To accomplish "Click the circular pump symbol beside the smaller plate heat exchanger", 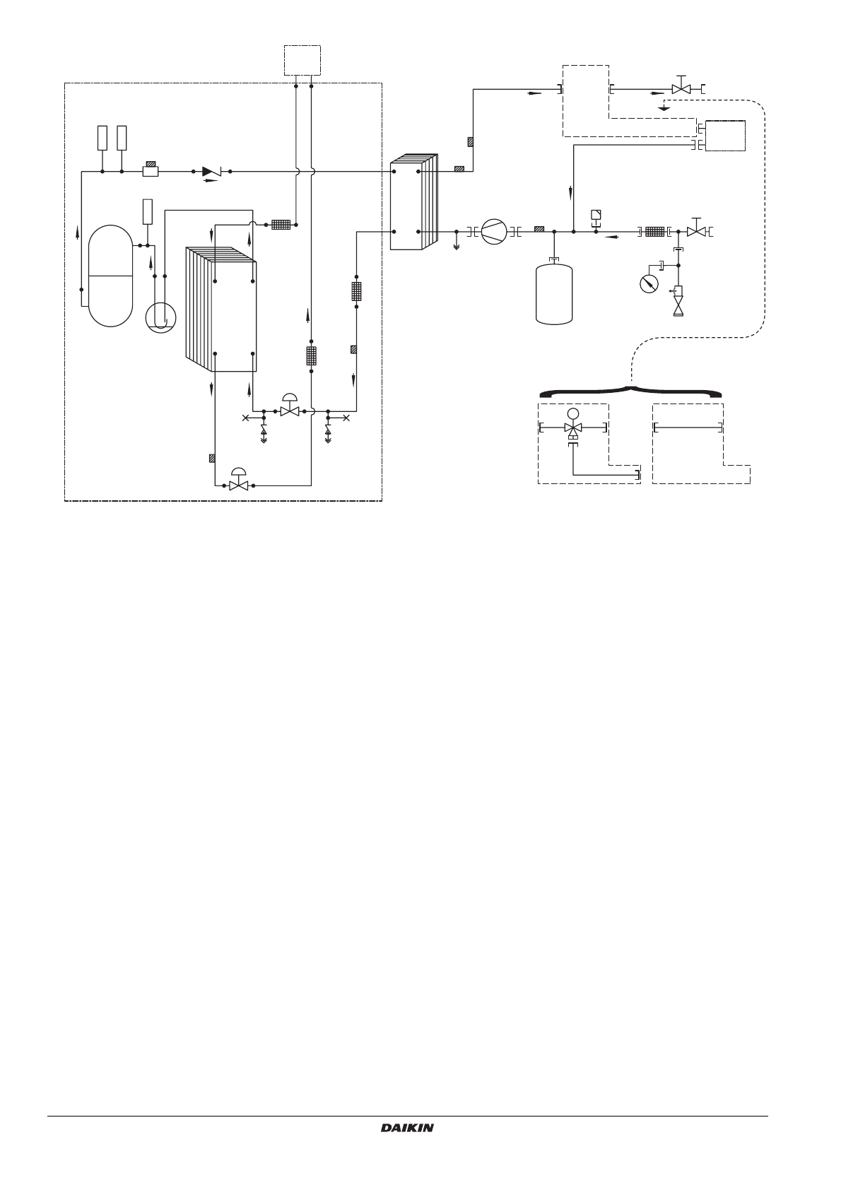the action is pos(493,232).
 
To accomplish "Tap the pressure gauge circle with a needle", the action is pos(649,283).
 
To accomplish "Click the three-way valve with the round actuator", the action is pos(572,425).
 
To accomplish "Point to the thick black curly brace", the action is pos(630,391).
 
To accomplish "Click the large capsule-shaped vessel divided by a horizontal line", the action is pos(110,276).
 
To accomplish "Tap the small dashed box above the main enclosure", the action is pos(302,60).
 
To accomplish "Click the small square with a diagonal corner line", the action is pos(596,215).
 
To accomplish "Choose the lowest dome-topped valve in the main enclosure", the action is pos(239,479).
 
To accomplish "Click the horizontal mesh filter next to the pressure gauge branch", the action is pos(655,232).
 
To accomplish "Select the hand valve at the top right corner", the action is pos(681,86).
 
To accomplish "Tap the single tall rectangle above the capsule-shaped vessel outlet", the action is pos(148,211).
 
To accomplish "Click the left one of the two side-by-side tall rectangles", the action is pos(102,138).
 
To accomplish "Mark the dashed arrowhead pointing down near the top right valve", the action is pos(662,107).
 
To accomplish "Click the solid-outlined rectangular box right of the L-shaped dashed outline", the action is pos(725,136).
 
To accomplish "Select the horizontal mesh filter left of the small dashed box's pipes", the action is pos(281,225).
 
